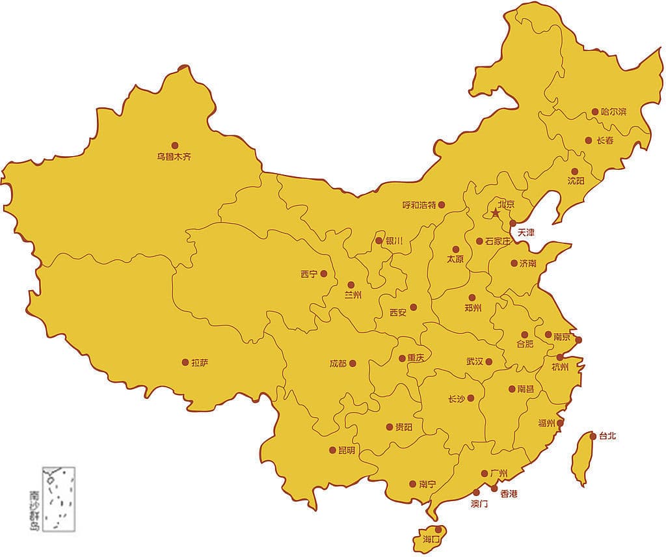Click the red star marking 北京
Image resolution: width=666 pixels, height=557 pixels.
pos(496,213)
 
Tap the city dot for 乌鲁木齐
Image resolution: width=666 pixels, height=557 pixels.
pos(174,146)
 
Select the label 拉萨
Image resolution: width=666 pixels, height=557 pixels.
pos(200,362)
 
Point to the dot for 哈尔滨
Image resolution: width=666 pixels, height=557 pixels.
pos(594,112)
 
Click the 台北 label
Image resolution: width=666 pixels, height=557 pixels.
pos(607,436)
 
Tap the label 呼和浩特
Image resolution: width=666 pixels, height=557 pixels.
pos(419,205)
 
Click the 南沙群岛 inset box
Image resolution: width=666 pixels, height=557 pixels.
pos(59,498)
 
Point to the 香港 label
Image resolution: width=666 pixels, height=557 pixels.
pos(509,494)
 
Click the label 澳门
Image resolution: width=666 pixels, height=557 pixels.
pos(479,504)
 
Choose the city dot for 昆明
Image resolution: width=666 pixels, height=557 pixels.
pos(333,450)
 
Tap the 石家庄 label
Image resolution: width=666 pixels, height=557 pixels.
pos(498,241)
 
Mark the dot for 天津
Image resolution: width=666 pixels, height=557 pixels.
pos(513,223)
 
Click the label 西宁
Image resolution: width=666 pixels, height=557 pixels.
pos(309,274)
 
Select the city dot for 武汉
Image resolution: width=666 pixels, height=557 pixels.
pos(488,362)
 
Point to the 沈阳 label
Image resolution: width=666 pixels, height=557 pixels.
pos(576,181)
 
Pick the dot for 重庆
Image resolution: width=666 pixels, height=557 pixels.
pos(402,358)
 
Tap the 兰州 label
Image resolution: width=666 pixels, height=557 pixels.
pos(353,295)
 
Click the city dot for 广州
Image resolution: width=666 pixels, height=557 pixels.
pos(485,474)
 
